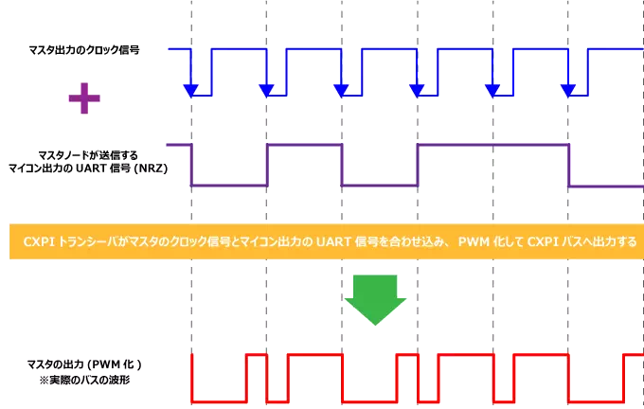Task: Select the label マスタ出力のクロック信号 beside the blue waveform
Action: pyautogui.click(x=85, y=49)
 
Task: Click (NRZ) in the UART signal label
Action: pyautogui.click(x=149, y=168)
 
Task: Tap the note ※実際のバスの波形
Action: pyautogui.click(x=84, y=379)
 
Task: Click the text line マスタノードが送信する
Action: pyautogui.click(x=85, y=153)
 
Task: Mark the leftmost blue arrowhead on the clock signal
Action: pyautogui.click(x=191, y=90)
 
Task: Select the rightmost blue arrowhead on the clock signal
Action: pyautogui.click(x=568, y=90)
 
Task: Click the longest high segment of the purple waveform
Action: pyautogui.click(x=492, y=145)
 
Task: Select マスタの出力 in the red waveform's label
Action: pyautogui.click(x=55, y=365)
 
